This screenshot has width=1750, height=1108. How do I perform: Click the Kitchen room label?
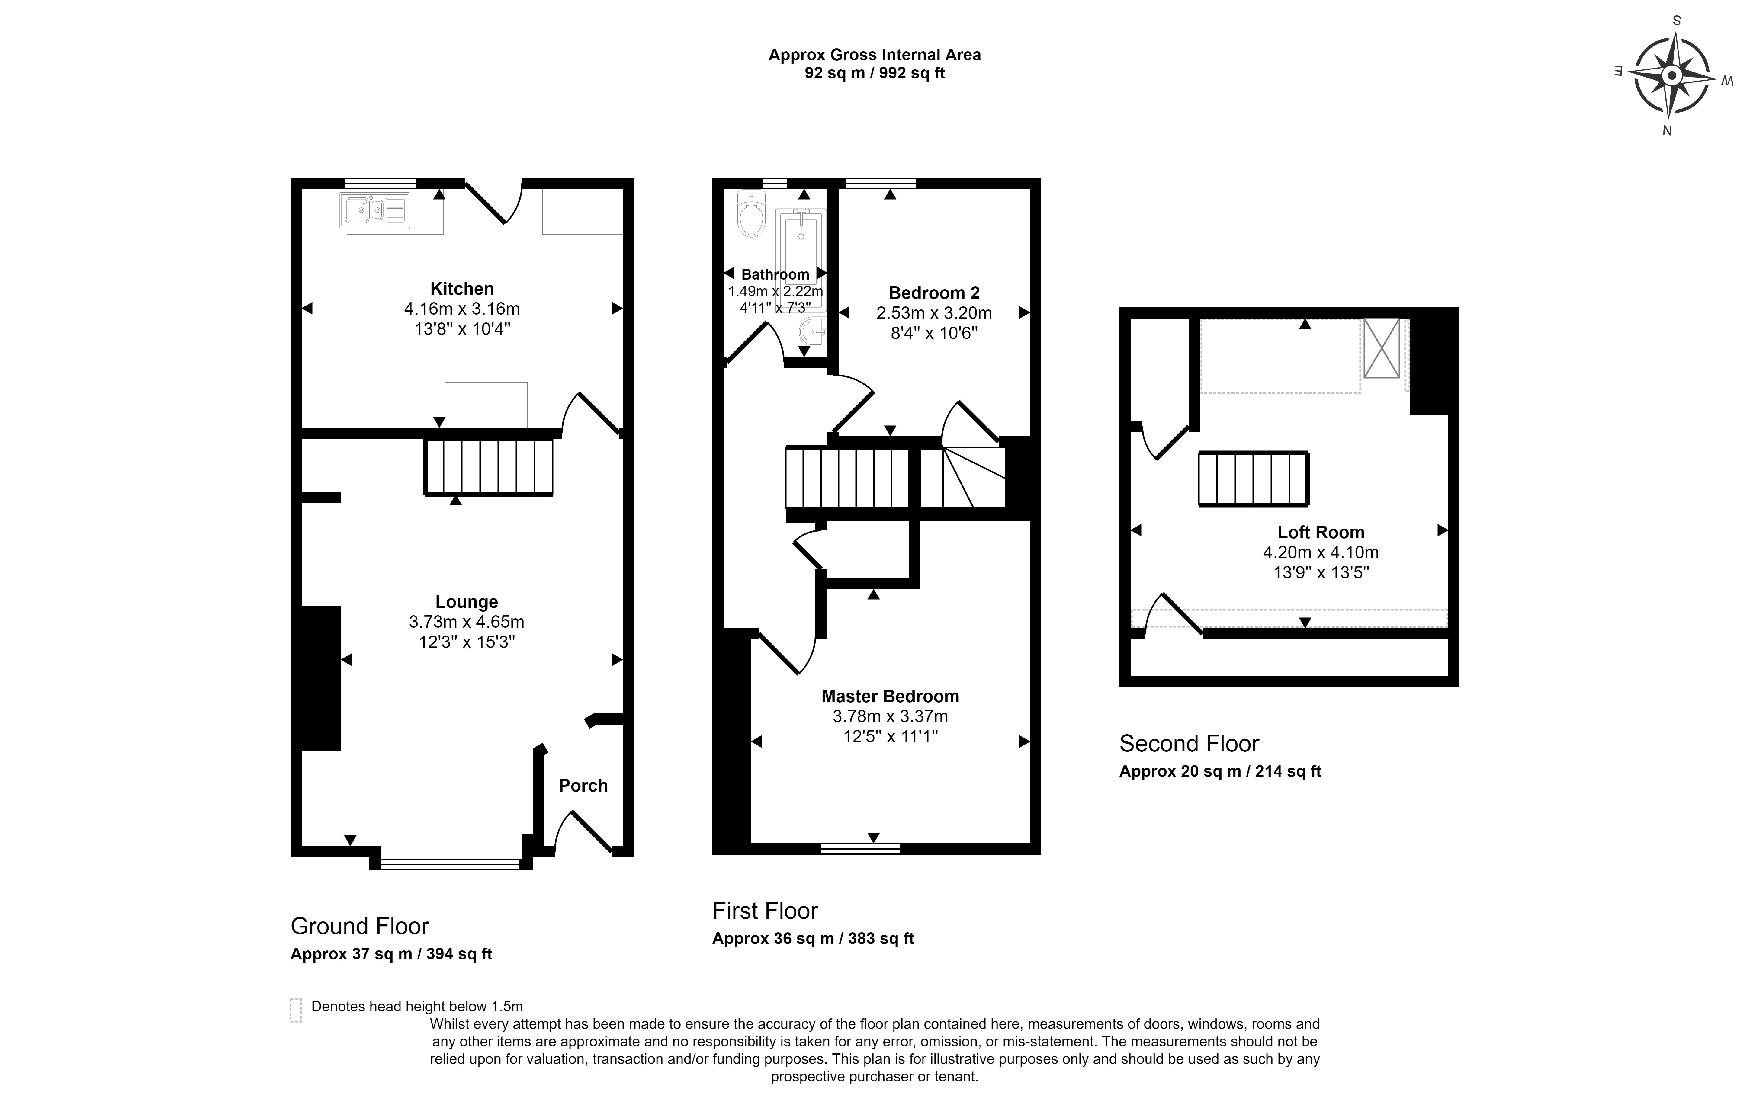462,288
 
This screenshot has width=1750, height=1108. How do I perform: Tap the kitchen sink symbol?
374,210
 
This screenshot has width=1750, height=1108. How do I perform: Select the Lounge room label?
467,602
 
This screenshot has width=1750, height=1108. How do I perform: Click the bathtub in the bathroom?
801,247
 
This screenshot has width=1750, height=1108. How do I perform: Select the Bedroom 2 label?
935,293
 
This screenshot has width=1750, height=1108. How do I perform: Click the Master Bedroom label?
890,696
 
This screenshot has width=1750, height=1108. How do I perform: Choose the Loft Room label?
1321,532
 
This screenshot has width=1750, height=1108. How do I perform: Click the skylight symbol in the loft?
1382,348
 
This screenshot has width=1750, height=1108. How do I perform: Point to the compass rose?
1672,75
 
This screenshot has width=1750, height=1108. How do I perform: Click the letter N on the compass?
1667,131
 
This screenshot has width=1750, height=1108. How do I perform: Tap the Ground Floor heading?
360,926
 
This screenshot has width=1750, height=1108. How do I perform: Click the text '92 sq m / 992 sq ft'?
875,73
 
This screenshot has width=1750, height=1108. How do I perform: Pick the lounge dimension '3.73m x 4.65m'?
467,622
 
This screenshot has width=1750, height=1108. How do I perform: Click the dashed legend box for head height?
296,1010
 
